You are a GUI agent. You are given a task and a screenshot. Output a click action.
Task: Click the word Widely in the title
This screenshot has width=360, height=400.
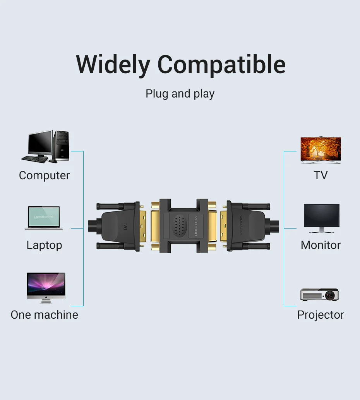pos(113,65)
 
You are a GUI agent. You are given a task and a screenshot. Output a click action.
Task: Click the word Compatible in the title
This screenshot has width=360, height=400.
pos(221,65)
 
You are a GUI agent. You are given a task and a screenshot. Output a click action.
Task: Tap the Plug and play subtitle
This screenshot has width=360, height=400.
pos(180,94)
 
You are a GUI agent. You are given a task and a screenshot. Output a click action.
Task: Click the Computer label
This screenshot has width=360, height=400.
pos(45,175)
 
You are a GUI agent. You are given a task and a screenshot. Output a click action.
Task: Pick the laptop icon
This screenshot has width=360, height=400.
pos(44,218)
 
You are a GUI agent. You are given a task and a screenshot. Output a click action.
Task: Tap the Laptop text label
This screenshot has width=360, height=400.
pos(45,245)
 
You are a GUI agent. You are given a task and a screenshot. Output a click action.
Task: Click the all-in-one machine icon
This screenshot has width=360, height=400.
pos(46,288)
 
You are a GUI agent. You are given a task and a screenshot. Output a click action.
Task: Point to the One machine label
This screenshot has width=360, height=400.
pos(45,315)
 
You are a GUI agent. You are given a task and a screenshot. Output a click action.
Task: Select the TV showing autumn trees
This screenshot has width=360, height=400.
pos(321,150)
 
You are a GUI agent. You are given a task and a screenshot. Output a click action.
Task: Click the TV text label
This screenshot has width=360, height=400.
pos(321,175)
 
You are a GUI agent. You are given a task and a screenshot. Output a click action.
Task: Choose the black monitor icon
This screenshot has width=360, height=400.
pos(322,218)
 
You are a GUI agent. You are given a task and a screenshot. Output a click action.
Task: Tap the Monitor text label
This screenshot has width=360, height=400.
pos(321,245)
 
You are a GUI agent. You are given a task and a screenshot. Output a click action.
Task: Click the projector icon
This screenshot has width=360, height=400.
pos(319,295)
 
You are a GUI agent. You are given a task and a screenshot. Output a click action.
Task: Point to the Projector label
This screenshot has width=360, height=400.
pos(321,315)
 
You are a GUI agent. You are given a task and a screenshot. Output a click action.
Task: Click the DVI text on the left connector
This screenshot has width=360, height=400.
pos(125,226)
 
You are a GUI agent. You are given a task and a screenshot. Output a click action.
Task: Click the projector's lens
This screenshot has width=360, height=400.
pos(329,295)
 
